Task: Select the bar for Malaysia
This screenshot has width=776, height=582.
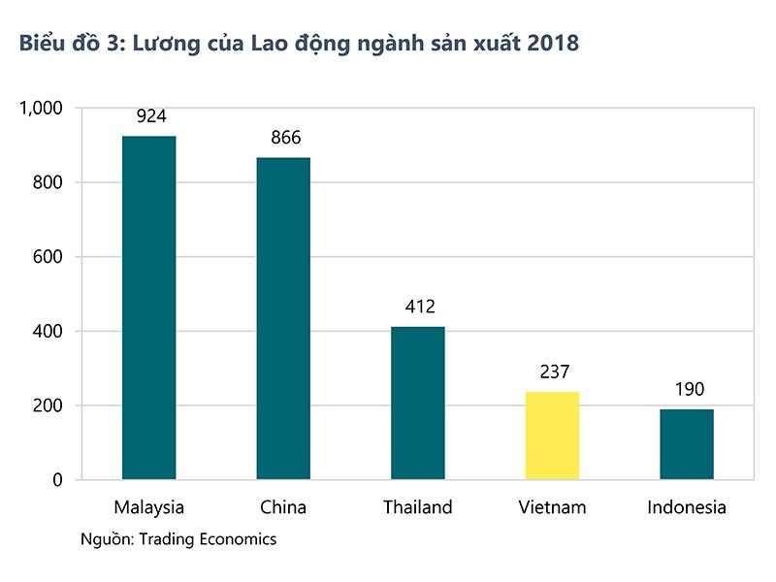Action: (148, 307)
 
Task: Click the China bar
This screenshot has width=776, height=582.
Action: (283, 318)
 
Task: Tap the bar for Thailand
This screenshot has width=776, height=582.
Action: (418, 403)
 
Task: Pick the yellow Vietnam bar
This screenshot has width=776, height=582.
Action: (552, 436)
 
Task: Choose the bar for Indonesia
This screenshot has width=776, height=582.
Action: (687, 444)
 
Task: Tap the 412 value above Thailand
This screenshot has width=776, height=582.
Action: (419, 307)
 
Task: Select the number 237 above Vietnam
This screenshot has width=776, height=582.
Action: (553, 372)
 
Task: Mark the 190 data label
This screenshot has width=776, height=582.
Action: (688, 390)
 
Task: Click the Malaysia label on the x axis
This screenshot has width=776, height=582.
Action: (148, 507)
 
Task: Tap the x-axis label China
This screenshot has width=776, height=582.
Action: (283, 507)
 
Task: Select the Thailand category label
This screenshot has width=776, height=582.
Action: (418, 507)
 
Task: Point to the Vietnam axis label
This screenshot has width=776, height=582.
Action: (552, 507)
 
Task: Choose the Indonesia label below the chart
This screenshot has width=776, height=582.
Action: (687, 507)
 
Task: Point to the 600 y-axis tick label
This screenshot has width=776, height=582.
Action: (48, 257)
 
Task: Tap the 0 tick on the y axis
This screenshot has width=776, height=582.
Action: (58, 480)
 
